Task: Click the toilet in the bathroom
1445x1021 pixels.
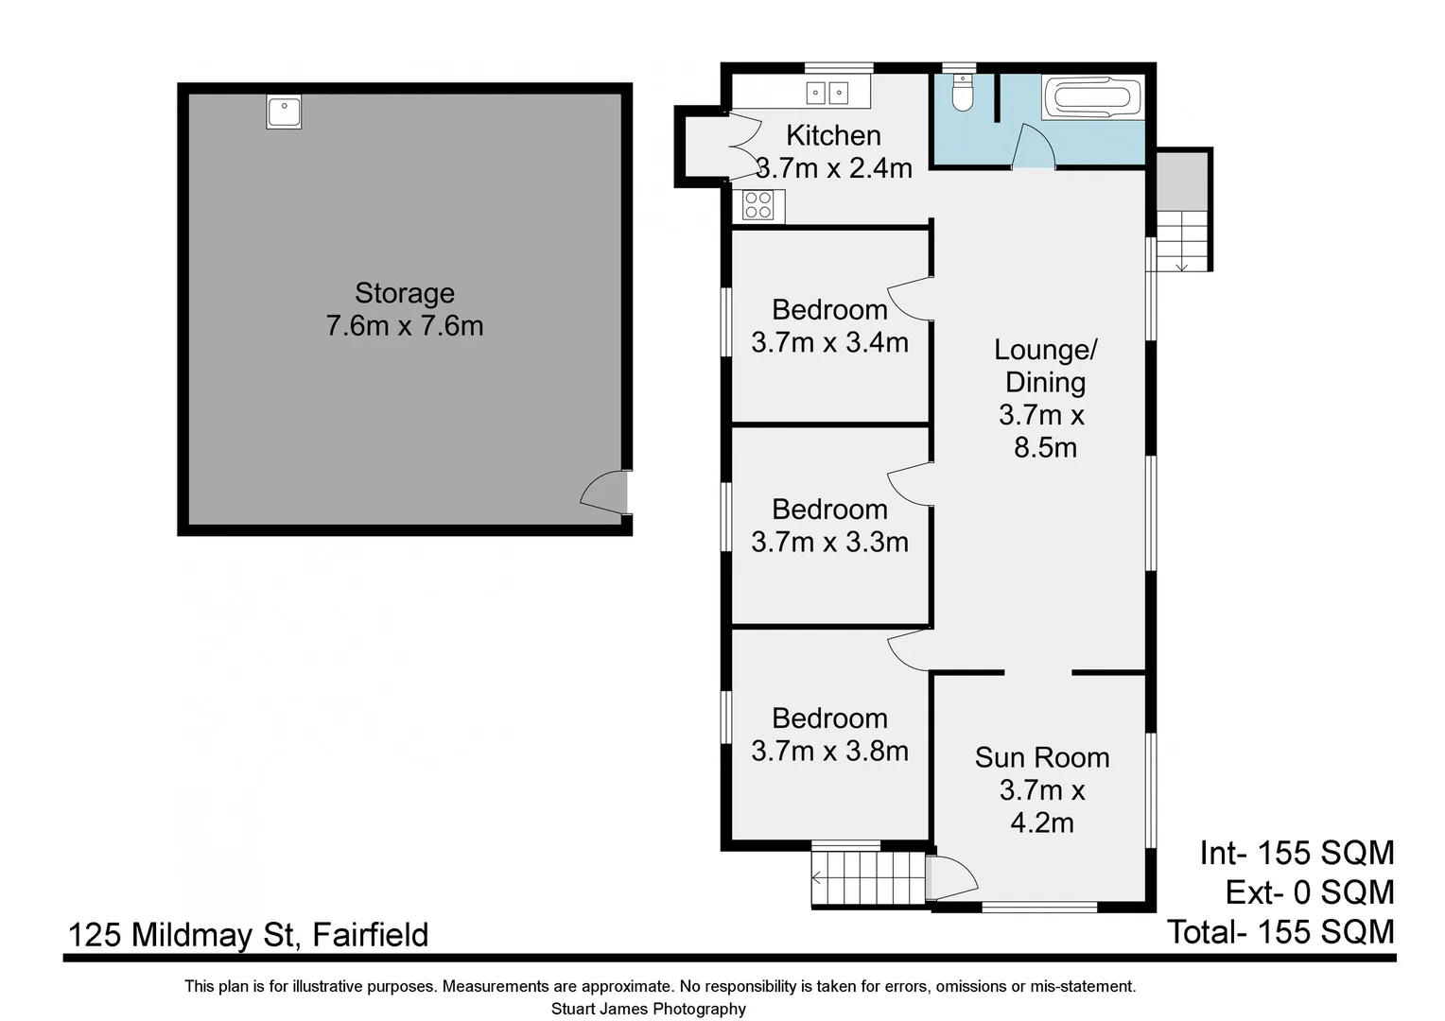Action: [962, 95]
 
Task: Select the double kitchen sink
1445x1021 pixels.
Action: [827, 93]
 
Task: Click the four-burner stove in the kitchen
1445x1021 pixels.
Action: [758, 205]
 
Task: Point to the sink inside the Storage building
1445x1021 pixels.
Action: [283, 112]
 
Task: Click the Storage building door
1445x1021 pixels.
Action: [605, 492]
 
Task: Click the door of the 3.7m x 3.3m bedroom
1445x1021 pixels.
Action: [908, 483]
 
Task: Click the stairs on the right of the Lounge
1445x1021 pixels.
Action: [1182, 240]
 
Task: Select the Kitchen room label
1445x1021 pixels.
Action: [833, 135]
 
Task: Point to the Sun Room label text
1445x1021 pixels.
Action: [1041, 757]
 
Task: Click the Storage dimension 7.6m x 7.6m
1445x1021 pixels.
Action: [405, 326]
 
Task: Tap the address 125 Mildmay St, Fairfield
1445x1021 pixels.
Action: [248, 935]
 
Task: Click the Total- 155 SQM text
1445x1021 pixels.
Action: [1280, 932]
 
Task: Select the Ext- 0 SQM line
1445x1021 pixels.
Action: [1309, 892]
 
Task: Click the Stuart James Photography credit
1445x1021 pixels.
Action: [648, 1009]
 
